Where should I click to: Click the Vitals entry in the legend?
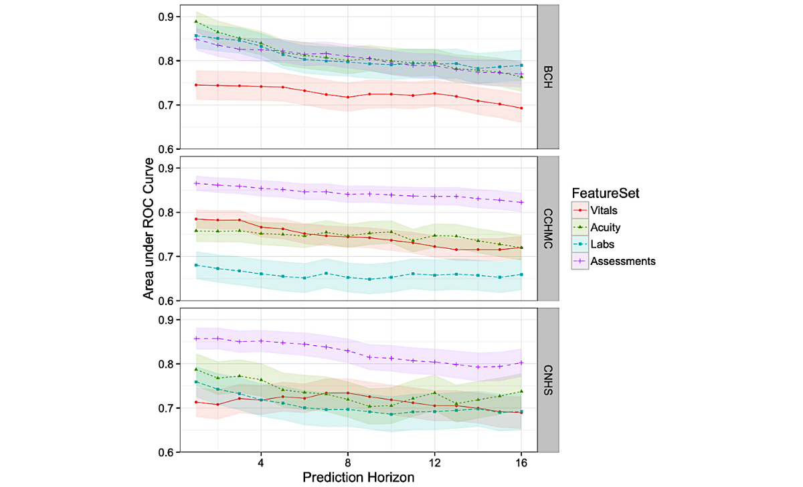pyautogui.click(x=604, y=211)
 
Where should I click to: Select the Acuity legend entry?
pyautogui.click(x=605, y=227)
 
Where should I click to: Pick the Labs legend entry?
pyautogui.click(x=602, y=244)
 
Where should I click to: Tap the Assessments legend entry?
pyautogui.click(x=622, y=262)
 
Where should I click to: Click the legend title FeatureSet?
pyautogui.click(x=606, y=193)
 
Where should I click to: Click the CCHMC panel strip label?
pyautogui.click(x=548, y=229)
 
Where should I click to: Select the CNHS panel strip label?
pyautogui.click(x=548, y=380)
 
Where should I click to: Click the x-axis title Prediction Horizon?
pyautogui.click(x=358, y=477)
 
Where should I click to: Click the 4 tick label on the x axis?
pyautogui.click(x=260, y=462)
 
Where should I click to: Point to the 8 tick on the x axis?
pyautogui.click(x=347, y=462)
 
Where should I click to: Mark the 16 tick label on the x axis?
pyautogui.click(x=521, y=462)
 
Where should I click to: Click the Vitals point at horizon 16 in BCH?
pyautogui.click(x=521, y=108)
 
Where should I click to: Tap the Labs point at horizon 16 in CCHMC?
pyautogui.click(x=521, y=274)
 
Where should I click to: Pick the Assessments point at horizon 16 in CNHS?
pyautogui.click(x=521, y=363)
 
